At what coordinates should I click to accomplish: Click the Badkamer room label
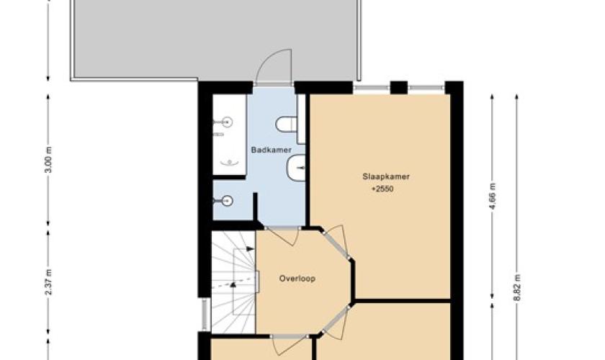click(272, 150)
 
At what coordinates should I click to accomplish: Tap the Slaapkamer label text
click(386, 176)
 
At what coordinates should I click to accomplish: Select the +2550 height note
click(382, 189)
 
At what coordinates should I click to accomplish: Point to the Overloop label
click(297, 278)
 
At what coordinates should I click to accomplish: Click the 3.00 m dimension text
click(49, 159)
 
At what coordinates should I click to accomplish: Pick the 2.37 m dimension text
click(49, 282)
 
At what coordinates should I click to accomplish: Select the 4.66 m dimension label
click(493, 196)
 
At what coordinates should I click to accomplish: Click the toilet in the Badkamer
click(286, 125)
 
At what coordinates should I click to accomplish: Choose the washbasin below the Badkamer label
click(296, 168)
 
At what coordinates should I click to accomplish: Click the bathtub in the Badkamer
click(230, 135)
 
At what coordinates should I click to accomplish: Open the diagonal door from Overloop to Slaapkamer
click(336, 243)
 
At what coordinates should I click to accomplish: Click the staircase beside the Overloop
click(233, 282)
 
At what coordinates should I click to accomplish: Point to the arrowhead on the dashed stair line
click(233, 284)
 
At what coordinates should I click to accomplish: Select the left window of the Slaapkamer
click(372, 89)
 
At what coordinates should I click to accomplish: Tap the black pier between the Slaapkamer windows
click(399, 88)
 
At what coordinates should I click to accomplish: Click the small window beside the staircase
click(205, 314)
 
